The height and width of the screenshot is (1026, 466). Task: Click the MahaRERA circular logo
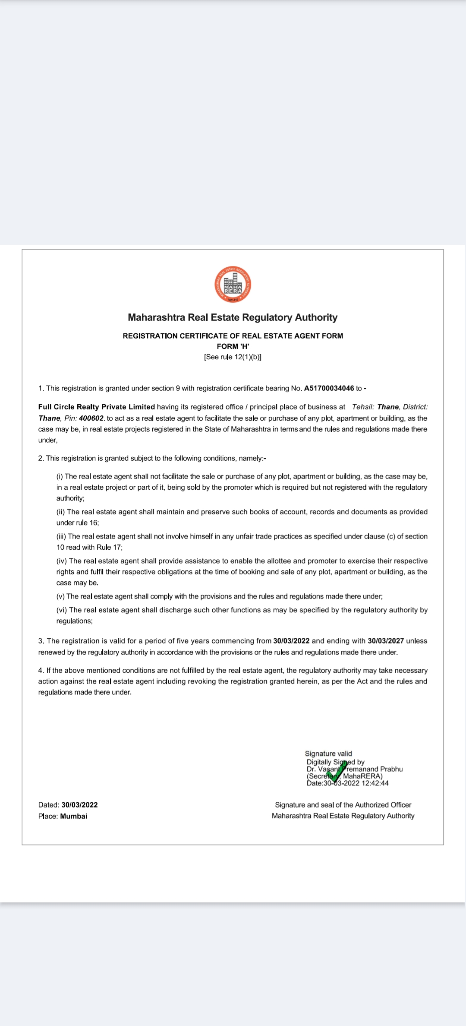point(233,285)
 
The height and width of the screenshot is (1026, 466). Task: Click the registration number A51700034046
point(329,388)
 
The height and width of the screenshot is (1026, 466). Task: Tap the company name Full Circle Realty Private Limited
point(96,407)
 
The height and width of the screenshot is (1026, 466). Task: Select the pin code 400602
point(91,418)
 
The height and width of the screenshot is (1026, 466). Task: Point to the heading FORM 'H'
point(233,346)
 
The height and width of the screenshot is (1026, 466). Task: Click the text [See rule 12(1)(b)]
point(233,357)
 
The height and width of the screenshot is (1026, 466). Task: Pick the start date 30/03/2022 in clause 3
point(291,641)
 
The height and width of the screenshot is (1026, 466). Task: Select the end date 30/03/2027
point(386,641)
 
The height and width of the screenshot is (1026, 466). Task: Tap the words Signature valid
point(328,754)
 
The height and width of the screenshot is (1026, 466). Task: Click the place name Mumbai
point(74,816)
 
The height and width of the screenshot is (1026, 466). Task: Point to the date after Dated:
point(79,805)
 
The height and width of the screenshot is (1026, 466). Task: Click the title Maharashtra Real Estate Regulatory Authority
point(233,317)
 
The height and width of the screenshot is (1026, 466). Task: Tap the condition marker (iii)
point(61,536)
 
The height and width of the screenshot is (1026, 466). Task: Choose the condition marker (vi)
point(62,610)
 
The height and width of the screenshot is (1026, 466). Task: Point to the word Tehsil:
point(363,407)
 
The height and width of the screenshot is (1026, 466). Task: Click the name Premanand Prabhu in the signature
point(375,769)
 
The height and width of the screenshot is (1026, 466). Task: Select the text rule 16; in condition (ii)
point(88,523)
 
